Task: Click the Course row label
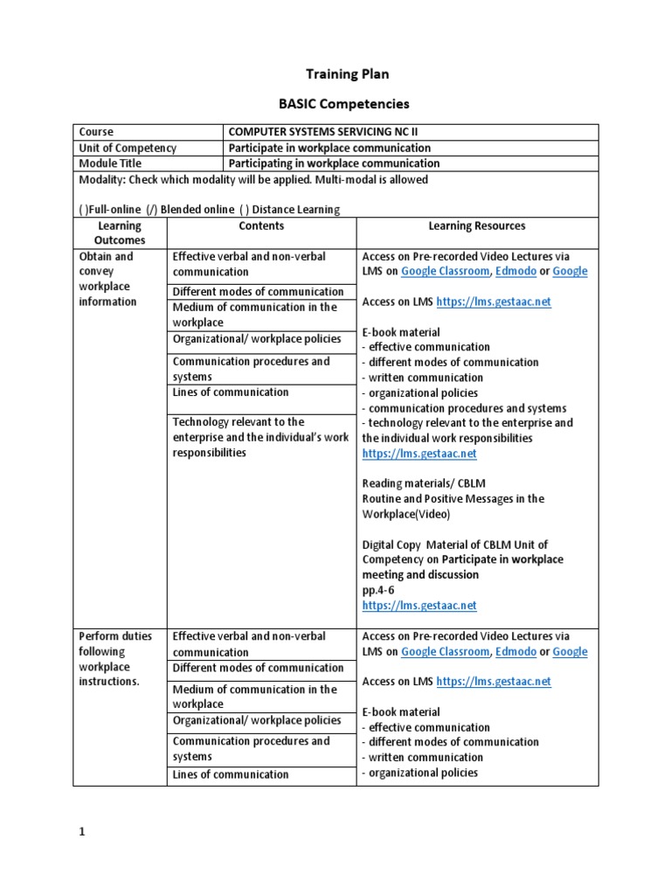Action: click(96, 132)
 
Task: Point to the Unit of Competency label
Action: click(128, 148)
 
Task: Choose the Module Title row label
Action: click(110, 163)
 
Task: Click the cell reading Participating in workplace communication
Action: click(334, 163)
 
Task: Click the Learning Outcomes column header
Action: click(120, 232)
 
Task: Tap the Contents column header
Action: click(261, 225)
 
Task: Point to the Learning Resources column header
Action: click(476, 225)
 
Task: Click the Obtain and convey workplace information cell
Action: click(108, 279)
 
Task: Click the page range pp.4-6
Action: click(378, 590)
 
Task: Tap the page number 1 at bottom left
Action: click(82, 832)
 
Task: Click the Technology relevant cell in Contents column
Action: click(260, 437)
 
